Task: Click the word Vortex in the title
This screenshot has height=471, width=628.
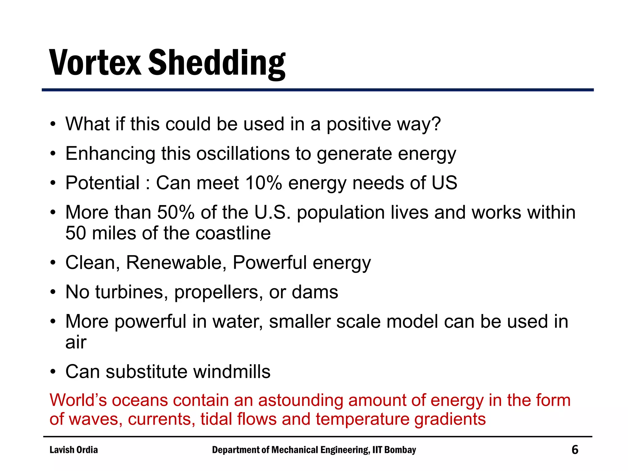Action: [x=95, y=63]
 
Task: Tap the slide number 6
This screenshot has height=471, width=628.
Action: [x=575, y=450]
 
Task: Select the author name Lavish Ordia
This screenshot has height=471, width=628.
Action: [x=74, y=450]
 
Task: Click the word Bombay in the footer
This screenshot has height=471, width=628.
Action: [x=400, y=450]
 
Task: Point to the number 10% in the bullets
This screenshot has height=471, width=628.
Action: [x=263, y=183]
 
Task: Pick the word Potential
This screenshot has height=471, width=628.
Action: [x=102, y=183]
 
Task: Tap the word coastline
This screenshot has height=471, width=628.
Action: [x=233, y=233]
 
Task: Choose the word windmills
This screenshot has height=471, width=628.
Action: [x=232, y=372]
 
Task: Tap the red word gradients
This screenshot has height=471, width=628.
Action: [x=450, y=419]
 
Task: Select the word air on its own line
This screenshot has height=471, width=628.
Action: [x=76, y=342]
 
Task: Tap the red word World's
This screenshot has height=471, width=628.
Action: [x=78, y=400]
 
